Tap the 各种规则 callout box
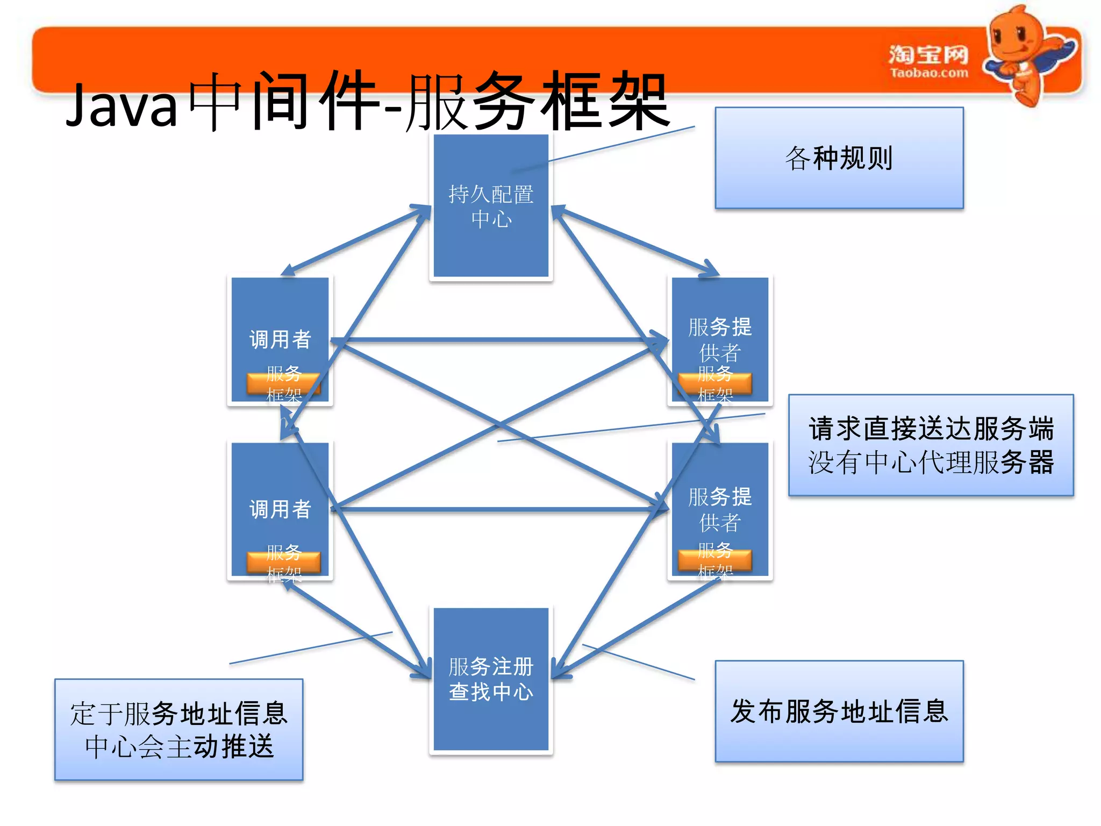click(x=839, y=158)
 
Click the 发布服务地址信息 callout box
click(x=839, y=711)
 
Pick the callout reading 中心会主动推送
click(x=179, y=730)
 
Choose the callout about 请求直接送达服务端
click(x=931, y=445)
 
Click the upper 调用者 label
click(x=280, y=339)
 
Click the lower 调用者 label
click(x=280, y=509)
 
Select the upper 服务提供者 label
click(x=720, y=339)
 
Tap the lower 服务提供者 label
click(x=720, y=509)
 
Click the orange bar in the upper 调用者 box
click(x=283, y=384)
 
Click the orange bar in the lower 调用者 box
click(x=283, y=562)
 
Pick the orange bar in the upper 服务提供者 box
click(x=715, y=383)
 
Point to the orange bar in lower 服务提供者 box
click(x=715, y=560)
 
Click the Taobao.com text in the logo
click(x=928, y=73)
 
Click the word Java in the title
click(x=121, y=106)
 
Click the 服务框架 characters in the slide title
click(x=538, y=102)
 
